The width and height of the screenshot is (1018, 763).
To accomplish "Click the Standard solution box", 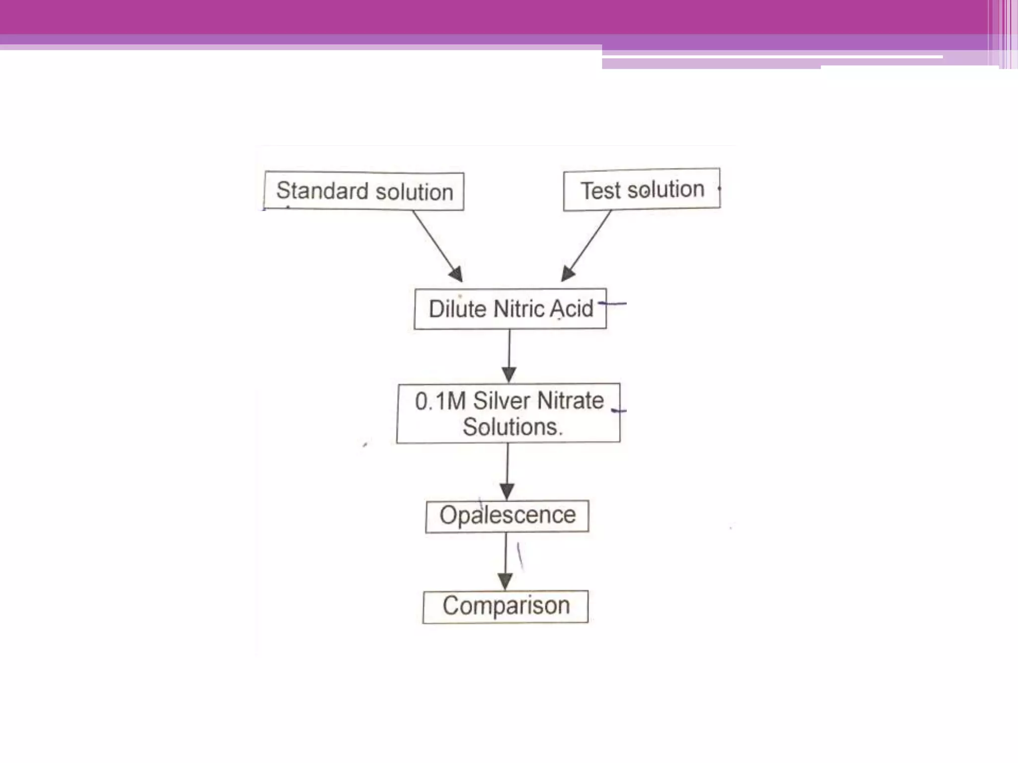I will (364, 191).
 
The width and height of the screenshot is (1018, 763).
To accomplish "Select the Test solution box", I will (642, 190).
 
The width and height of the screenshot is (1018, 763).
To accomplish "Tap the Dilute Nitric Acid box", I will (510, 309).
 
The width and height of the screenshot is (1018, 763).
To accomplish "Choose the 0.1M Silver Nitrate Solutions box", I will (509, 413).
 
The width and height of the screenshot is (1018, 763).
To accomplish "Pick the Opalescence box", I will (508, 516).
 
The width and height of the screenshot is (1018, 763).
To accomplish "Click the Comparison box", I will (506, 607).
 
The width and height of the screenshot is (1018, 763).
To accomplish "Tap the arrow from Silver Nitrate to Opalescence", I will (508, 471).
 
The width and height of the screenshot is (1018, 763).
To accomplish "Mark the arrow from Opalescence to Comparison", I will (506, 561).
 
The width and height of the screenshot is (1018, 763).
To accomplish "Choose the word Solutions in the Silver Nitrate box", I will (512, 427).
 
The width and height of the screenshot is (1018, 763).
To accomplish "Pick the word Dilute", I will (458, 309).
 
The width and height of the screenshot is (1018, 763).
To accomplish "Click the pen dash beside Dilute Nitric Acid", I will (614, 303).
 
